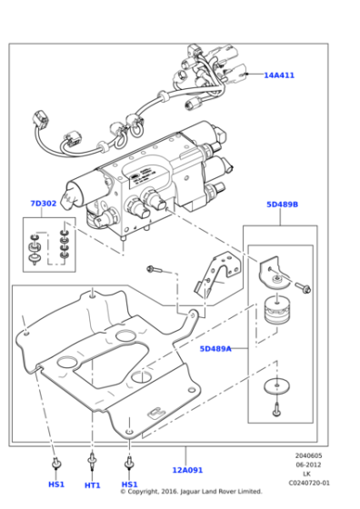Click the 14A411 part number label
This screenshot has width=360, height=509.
click(279, 75)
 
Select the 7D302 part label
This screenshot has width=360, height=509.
click(43, 204)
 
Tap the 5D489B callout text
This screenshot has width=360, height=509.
click(282, 205)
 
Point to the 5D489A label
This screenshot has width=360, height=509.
click(215, 348)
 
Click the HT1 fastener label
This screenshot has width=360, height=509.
click(92, 484)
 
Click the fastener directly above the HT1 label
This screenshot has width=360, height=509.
click(92, 462)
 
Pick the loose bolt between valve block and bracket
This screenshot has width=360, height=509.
click(156, 269)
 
